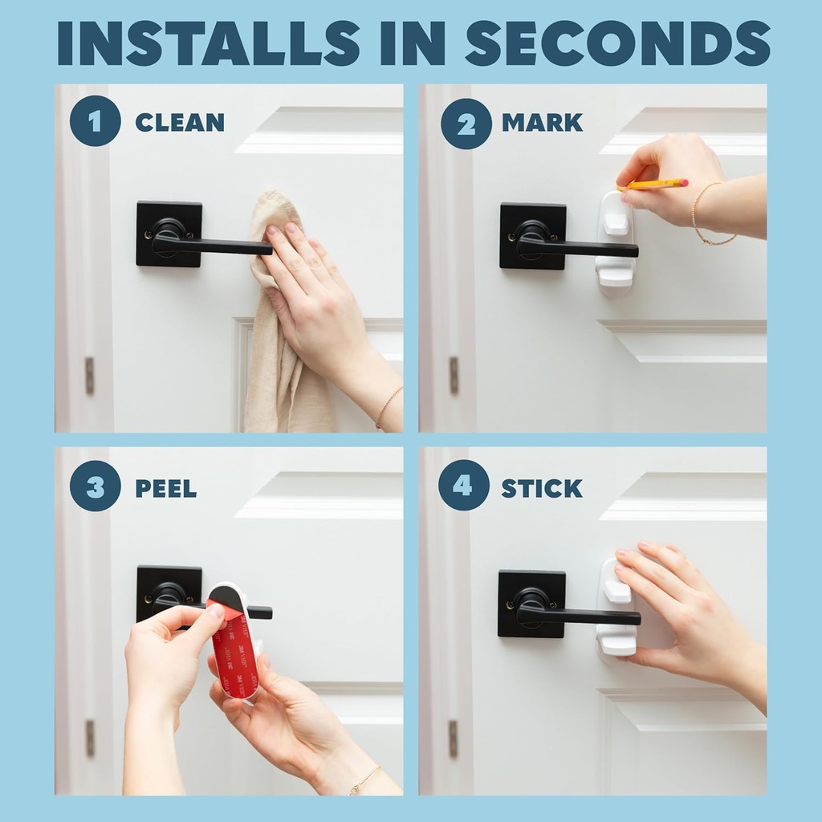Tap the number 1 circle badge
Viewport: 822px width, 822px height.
point(95,122)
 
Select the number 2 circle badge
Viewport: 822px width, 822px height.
point(466,123)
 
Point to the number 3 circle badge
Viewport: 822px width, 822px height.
point(95,487)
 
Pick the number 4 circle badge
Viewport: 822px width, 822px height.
point(464,486)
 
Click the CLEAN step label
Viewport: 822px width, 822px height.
point(179,123)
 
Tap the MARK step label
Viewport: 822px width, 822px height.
point(542,123)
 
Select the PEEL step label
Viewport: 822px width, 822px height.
point(165,488)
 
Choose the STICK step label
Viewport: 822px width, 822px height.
point(542,487)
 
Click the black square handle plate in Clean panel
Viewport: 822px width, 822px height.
point(169,233)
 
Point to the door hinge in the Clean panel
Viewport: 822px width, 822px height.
point(89,376)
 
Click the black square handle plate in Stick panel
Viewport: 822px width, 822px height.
point(531,604)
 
